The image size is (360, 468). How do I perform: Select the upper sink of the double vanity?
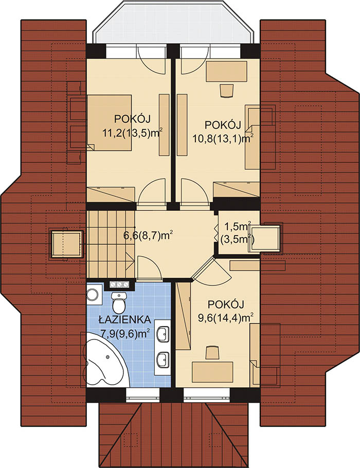(x=163, y=333)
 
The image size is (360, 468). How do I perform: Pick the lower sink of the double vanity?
(x=163, y=359)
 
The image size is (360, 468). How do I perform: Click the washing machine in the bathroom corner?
(x=94, y=294)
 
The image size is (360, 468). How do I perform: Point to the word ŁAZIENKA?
(x=125, y=320)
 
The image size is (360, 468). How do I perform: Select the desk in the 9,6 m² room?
(x=212, y=372)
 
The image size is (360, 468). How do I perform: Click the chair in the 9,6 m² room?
(x=212, y=352)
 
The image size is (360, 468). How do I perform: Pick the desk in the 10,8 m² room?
(x=227, y=71)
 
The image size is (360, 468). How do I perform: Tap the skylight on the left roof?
(x=66, y=244)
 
